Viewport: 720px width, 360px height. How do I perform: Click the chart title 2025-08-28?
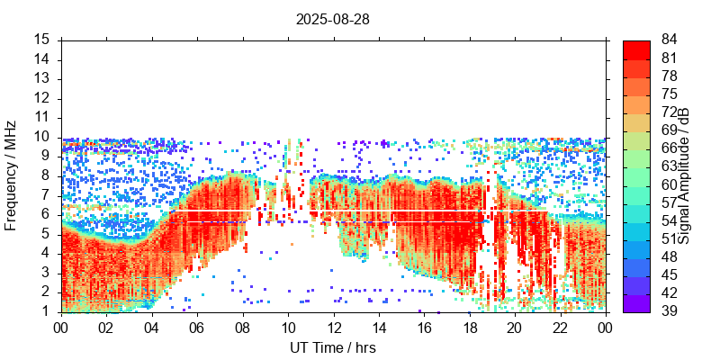(333, 18)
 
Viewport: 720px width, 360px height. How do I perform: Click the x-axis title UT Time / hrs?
(333, 347)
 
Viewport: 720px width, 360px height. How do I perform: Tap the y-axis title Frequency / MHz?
(11, 175)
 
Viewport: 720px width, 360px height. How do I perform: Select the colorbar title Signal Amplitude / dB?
(684, 175)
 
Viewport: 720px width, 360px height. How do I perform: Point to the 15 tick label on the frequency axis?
(41, 40)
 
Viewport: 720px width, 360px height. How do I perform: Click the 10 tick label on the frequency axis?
(41, 137)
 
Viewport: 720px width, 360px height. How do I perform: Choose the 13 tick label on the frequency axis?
(41, 78)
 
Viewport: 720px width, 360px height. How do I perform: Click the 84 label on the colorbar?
(669, 40)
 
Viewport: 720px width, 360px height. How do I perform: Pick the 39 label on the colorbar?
(669, 311)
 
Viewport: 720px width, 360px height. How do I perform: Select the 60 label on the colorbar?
(669, 184)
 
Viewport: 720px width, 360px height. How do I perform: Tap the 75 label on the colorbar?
(669, 94)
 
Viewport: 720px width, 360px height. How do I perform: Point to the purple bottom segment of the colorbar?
(636, 303)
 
